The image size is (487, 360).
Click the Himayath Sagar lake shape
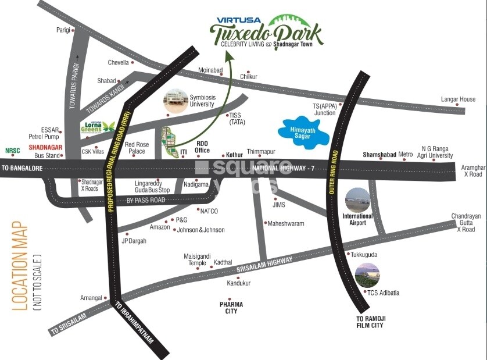[303, 131]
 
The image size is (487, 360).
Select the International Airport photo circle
[357, 199]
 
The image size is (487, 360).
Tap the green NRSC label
[13, 150]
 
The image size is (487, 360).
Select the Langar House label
[458, 99]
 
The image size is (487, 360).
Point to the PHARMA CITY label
[231, 308]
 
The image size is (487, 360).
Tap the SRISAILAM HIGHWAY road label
[264, 266]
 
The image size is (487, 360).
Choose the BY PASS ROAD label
[146, 200]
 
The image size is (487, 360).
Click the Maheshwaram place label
[285, 223]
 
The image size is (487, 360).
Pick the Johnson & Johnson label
[200, 230]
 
